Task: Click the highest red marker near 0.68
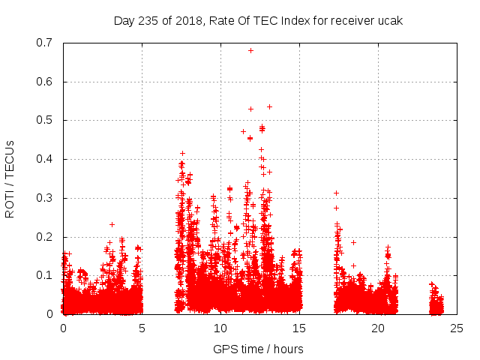(250, 50)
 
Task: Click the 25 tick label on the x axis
(457, 328)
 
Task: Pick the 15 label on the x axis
(299, 328)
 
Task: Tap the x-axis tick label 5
(142, 328)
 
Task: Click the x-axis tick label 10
(220, 328)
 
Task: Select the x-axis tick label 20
(378, 328)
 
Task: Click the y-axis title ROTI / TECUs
(10, 178)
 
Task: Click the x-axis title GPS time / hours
(258, 349)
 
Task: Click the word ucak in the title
(391, 20)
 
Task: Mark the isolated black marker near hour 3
(112, 224)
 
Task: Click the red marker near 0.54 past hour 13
(269, 106)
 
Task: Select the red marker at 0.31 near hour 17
(336, 193)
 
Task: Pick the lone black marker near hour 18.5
(353, 242)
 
